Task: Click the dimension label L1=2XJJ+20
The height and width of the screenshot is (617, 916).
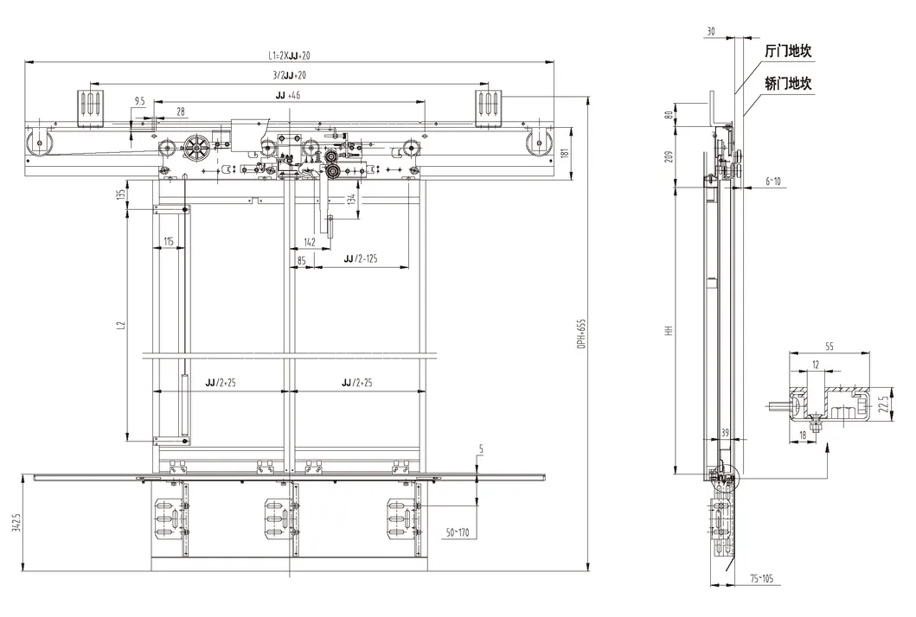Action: click(x=289, y=56)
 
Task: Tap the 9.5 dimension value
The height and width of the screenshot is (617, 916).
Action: click(x=139, y=101)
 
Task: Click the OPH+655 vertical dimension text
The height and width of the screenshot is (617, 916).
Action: click(x=583, y=330)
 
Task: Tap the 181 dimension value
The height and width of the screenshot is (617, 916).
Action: click(x=563, y=153)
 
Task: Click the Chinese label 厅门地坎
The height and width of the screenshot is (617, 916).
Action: click(x=788, y=51)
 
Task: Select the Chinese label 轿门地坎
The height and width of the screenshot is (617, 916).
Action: click(x=788, y=84)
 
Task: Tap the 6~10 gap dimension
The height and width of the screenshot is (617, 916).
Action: click(x=772, y=181)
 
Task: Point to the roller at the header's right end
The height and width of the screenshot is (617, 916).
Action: click(x=540, y=144)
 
